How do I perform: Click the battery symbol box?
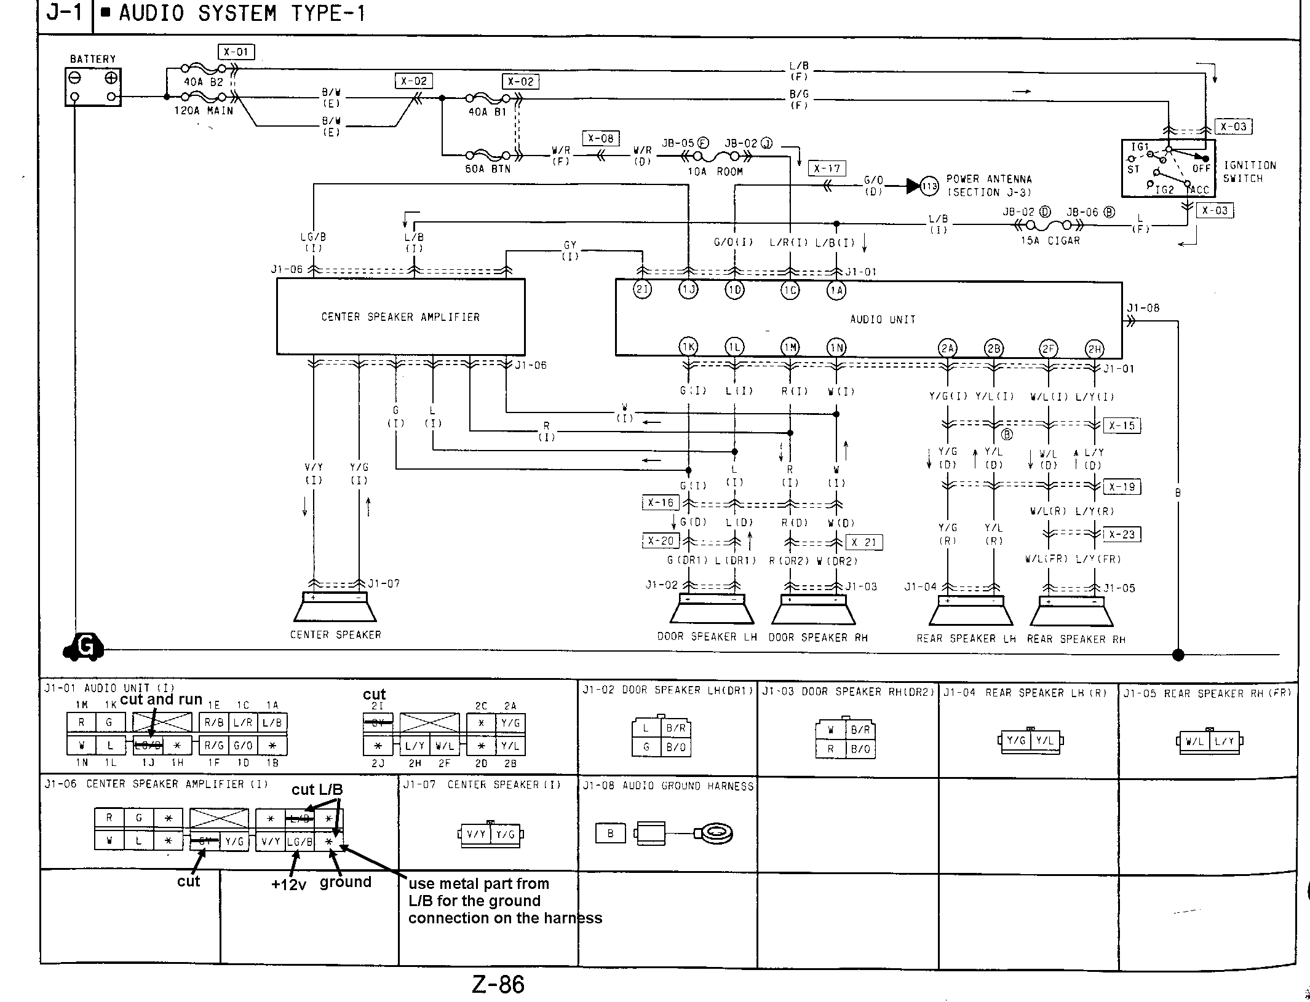pos(93,87)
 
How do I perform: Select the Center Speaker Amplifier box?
pos(400,317)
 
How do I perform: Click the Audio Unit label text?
pos(883,320)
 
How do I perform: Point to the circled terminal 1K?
pos(688,347)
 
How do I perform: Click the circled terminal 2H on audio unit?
pos(1095,350)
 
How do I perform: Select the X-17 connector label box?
pos(827,169)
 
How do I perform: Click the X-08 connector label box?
pos(600,138)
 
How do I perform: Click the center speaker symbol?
pos(335,608)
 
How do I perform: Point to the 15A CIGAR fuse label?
pos(1050,241)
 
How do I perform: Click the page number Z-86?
pos(498,985)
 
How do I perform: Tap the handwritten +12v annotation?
pos(288,885)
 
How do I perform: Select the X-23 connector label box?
pos(1121,534)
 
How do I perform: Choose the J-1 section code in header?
pos(64,14)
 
